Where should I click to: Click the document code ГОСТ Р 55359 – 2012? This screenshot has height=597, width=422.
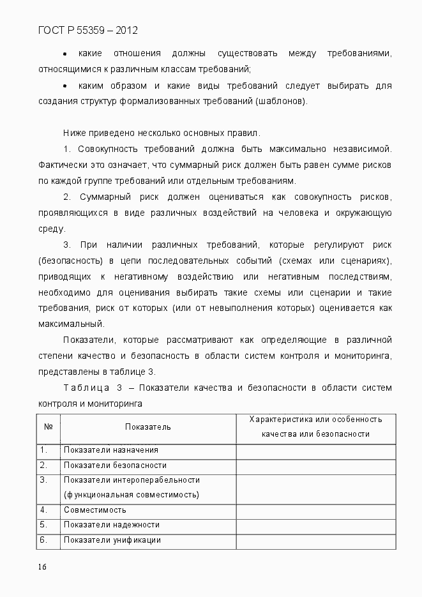pyautogui.click(x=88, y=30)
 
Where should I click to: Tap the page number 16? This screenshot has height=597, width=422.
pyautogui.click(x=43, y=567)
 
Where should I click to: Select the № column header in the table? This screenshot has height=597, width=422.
pyautogui.click(x=49, y=427)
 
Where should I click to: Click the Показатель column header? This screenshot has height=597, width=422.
pyautogui.click(x=148, y=427)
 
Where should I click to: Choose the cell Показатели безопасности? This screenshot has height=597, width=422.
pyautogui.click(x=115, y=465)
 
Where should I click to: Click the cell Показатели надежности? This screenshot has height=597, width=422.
pyautogui.click(x=111, y=525)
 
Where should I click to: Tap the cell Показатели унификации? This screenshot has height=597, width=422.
pyautogui.click(x=112, y=540)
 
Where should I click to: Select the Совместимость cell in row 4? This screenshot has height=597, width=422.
pyautogui.click(x=95, y=510)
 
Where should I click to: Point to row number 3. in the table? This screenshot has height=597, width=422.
pyautogui.click(x=43, y=480)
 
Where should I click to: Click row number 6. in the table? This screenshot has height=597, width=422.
pyautogui.click(x=43, y=540)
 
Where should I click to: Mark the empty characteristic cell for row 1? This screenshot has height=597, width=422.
pyautogui.click(x=315, y=451)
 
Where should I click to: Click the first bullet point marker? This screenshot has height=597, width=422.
pyautogui.click(x=65, y=53)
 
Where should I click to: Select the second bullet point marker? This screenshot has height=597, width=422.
pyautogui.click(x=65, y=86)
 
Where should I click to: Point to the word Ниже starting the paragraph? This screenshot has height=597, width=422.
pyautogui.click(x=75, y=133)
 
